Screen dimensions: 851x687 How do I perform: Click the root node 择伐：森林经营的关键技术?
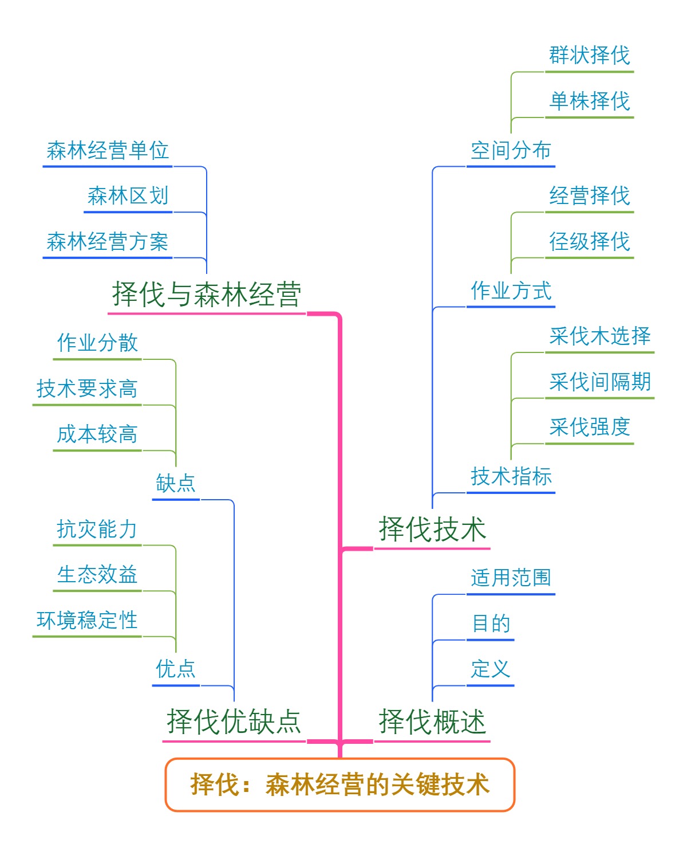340,785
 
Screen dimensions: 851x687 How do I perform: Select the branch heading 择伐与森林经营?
207,295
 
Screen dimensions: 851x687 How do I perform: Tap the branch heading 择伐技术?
432,529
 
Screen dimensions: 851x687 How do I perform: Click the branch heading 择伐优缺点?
234,721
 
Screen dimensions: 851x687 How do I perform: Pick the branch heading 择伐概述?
432,721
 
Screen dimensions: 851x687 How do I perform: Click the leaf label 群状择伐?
589,56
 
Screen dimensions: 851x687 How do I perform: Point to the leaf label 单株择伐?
589,101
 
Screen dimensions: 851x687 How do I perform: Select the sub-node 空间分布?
511,151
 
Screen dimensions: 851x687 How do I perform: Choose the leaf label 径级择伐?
589,242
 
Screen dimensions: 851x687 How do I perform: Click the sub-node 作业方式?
511,291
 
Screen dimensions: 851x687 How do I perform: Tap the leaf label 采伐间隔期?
599,382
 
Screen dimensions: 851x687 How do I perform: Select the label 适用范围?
511,578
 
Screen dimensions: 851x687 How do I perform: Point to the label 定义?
490,669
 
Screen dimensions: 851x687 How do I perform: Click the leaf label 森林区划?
128,196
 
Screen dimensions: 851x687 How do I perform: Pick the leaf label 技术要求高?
86,389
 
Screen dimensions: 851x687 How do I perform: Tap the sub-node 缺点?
176,483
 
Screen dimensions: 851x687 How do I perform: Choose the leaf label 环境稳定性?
86,620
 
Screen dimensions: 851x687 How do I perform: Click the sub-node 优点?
176,669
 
